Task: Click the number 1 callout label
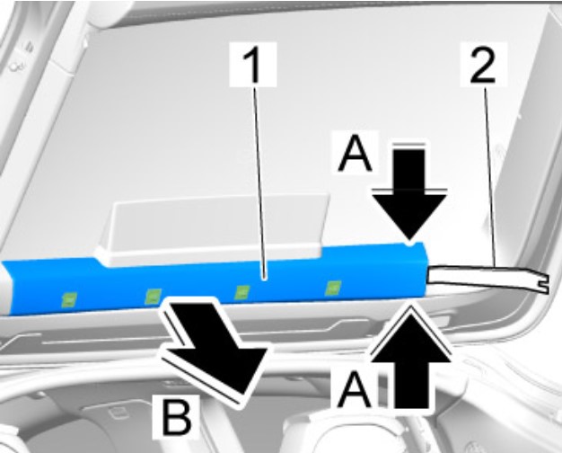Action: point(253,64)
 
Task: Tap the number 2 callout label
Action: point(483,64)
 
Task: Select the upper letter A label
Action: point(356,152)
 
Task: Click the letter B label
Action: point(176,417)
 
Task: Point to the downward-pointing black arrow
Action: point(409,194)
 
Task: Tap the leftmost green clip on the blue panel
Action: point(69,299)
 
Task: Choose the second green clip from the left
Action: point(153,296)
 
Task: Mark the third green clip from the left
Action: point(241,292)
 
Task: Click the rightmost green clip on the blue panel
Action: point(332,288)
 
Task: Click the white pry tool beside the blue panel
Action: point(487,279)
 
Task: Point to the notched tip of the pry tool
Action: point(544,282)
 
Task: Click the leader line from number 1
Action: point(259,182)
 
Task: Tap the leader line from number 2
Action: point(490,176)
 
